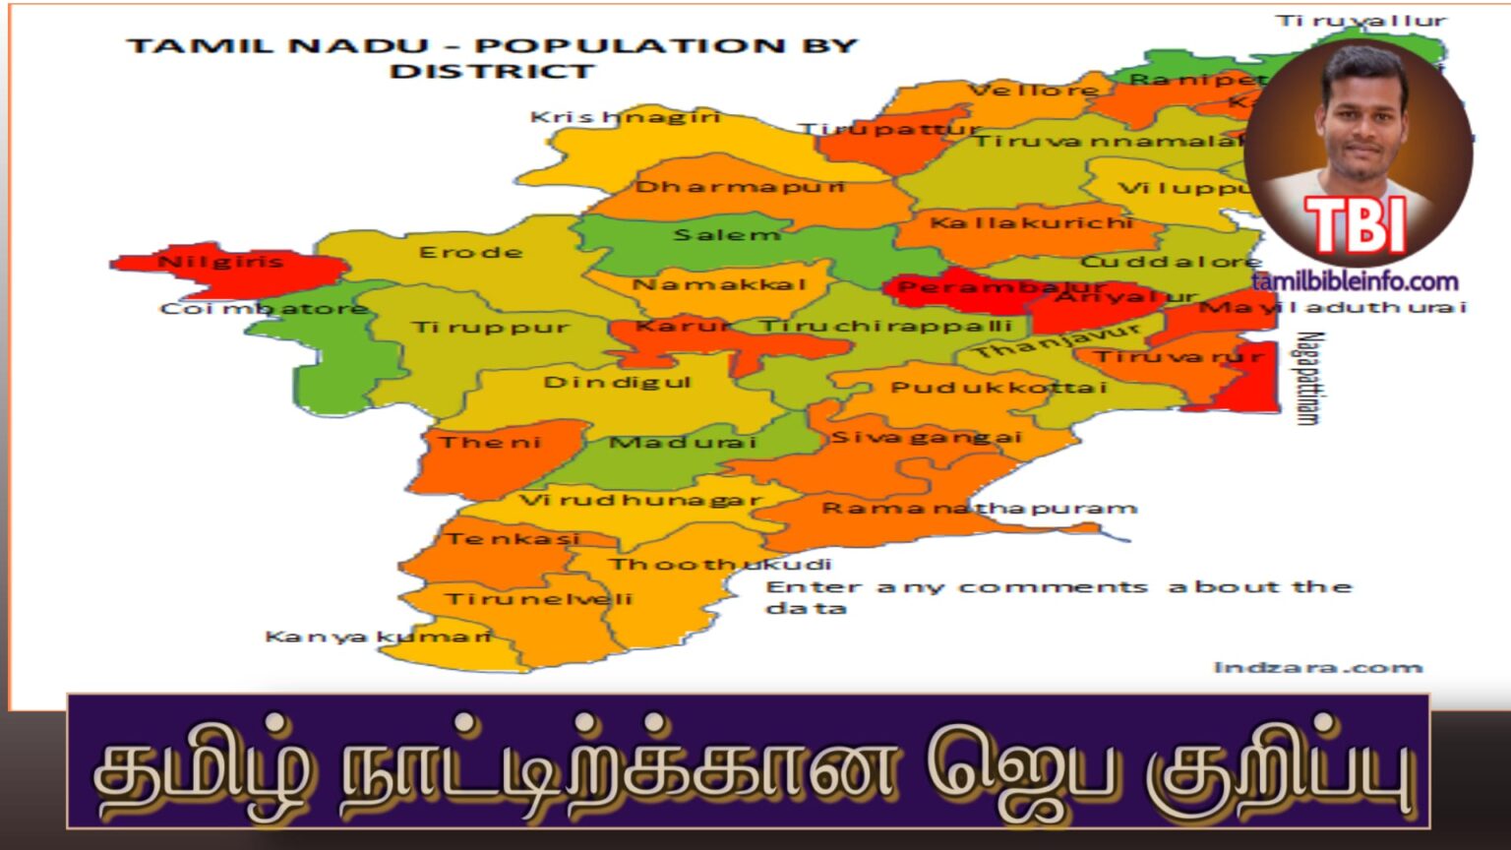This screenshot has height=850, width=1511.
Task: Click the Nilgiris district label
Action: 220,262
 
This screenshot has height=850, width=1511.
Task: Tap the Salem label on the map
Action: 727,235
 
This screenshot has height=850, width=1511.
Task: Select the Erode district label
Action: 470,253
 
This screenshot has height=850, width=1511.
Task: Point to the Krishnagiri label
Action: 626,117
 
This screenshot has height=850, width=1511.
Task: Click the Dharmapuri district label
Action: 740,187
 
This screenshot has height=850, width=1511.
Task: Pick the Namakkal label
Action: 719,285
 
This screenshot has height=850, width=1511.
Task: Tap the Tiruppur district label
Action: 490,328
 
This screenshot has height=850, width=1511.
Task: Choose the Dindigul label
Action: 618,382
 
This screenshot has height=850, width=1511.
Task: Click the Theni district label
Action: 490,443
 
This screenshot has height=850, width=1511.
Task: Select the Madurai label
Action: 683,443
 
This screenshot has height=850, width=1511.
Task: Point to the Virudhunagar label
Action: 640,500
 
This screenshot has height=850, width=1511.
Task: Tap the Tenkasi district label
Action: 513,539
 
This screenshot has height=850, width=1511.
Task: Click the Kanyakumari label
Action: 379,637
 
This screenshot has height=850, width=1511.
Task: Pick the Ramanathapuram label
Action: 979,509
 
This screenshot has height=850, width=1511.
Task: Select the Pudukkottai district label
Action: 998,388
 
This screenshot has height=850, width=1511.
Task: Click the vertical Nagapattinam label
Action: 1307,378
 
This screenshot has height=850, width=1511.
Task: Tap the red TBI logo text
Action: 1355,226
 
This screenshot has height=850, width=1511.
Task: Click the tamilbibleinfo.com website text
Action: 1355,282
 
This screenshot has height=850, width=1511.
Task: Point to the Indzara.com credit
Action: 1318,668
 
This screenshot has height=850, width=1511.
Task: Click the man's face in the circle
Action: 1363,113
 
